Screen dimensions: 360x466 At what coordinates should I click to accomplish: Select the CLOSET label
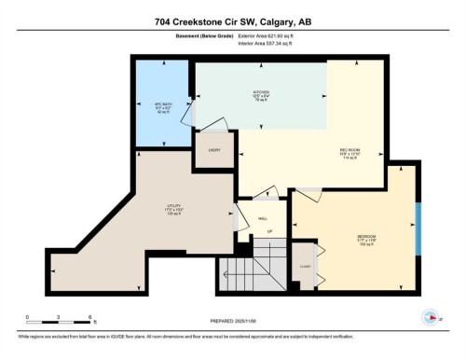(x=305, y=264)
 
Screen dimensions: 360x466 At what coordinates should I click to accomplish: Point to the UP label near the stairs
(x=269, y=231)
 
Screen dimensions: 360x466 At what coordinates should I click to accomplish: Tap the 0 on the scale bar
(x=28, y=317)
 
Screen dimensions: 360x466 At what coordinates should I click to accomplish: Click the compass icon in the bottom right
(x=430, y=316)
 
